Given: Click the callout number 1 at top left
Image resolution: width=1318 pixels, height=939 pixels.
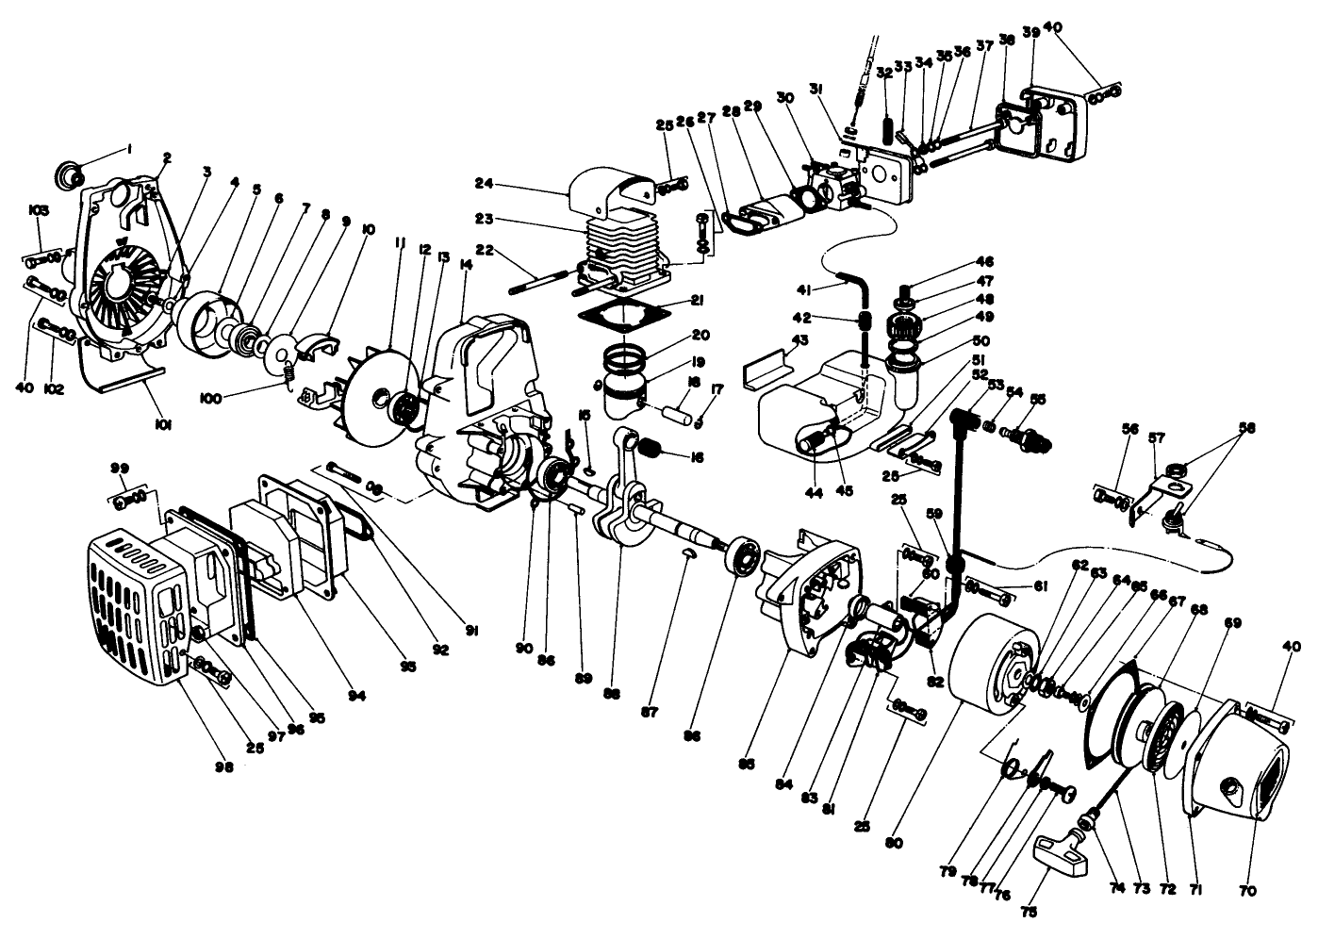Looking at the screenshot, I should [129, 149].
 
